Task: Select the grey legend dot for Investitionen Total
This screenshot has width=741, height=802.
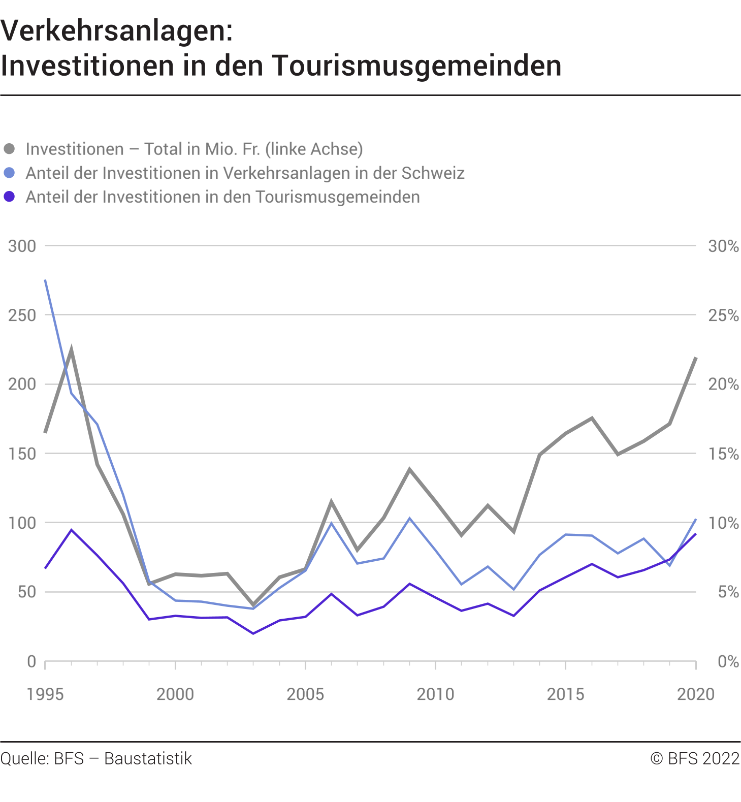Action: pos(9,149)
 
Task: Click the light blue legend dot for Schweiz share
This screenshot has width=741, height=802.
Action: pos(9,173)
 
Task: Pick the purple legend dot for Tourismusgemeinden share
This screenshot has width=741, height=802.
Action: pos(9,197)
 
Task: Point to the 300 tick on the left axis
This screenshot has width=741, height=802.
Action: pos(22,246)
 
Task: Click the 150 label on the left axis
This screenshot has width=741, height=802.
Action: pos(22,454)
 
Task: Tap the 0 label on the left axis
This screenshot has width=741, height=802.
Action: pos(31,661)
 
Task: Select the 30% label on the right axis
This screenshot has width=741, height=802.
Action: pos(723,246)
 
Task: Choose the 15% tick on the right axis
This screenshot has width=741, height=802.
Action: pos(723,454)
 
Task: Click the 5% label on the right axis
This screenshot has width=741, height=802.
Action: pos(728,592)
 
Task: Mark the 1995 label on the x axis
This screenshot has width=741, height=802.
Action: pos(45,694)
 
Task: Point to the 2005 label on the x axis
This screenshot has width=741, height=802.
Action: pos(305,694)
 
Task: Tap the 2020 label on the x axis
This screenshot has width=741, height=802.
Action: pos(695,694)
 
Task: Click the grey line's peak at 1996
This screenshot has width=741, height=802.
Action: pos(71,350)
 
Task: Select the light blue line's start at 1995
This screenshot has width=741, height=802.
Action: pos(45,280)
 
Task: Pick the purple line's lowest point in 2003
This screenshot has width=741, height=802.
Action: pos(253,633)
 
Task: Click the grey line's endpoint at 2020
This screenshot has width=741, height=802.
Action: pos(695,358)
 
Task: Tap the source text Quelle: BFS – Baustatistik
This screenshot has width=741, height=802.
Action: pos(96,758)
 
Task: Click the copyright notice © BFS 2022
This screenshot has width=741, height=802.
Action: pos(695,758)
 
